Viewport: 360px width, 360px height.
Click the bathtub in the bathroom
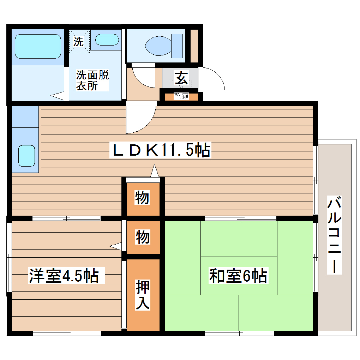pos(38,46)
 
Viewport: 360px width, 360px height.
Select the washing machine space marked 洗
pos(79,42)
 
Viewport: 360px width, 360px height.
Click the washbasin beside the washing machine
pos(107,40)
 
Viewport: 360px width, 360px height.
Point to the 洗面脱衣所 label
pos(92,80)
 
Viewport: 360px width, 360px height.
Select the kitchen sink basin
pos(26,156)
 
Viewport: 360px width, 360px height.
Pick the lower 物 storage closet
pos(142,237)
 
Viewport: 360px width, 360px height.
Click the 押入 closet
pos(143,295)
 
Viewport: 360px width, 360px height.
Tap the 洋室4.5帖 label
pos(63,276)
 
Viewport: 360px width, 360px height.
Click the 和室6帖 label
pos(238,276)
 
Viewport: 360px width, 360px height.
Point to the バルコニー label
pos(335,235)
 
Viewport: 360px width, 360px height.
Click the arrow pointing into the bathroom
pos(58,95)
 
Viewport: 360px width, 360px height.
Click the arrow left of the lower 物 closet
pos(116,245)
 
